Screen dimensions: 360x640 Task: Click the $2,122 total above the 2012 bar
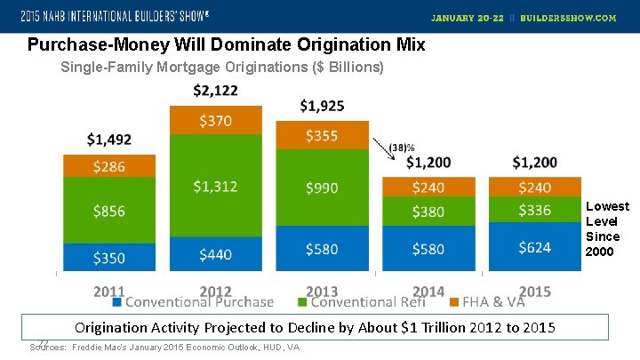click(x=215, y=91)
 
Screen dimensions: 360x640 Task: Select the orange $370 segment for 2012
click(x=215, y=120)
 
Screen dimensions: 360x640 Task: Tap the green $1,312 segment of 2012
click(x=215, y=185)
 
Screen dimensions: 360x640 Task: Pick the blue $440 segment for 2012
click(x=215, y=253)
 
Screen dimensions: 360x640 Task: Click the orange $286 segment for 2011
click(x=109, y=166)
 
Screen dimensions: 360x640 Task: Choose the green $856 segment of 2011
click(x=109, y=211)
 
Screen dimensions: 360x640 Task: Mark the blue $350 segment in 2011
click(x=109, y=257)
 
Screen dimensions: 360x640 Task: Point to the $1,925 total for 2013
click(x=322, y=106)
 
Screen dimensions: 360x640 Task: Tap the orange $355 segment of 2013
click(x=322, y=135)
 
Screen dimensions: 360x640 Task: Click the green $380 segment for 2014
click(x=428, y=212)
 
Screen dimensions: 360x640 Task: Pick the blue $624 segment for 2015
click(x=533, y=246)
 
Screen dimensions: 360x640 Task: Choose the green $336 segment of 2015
click(x=533, y=211)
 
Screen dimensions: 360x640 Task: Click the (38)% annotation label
click(x=403, y=148)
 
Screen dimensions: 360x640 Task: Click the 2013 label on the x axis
click(x=322, y=291)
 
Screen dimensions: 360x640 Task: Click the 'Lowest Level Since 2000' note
click(x=607, y=228)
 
